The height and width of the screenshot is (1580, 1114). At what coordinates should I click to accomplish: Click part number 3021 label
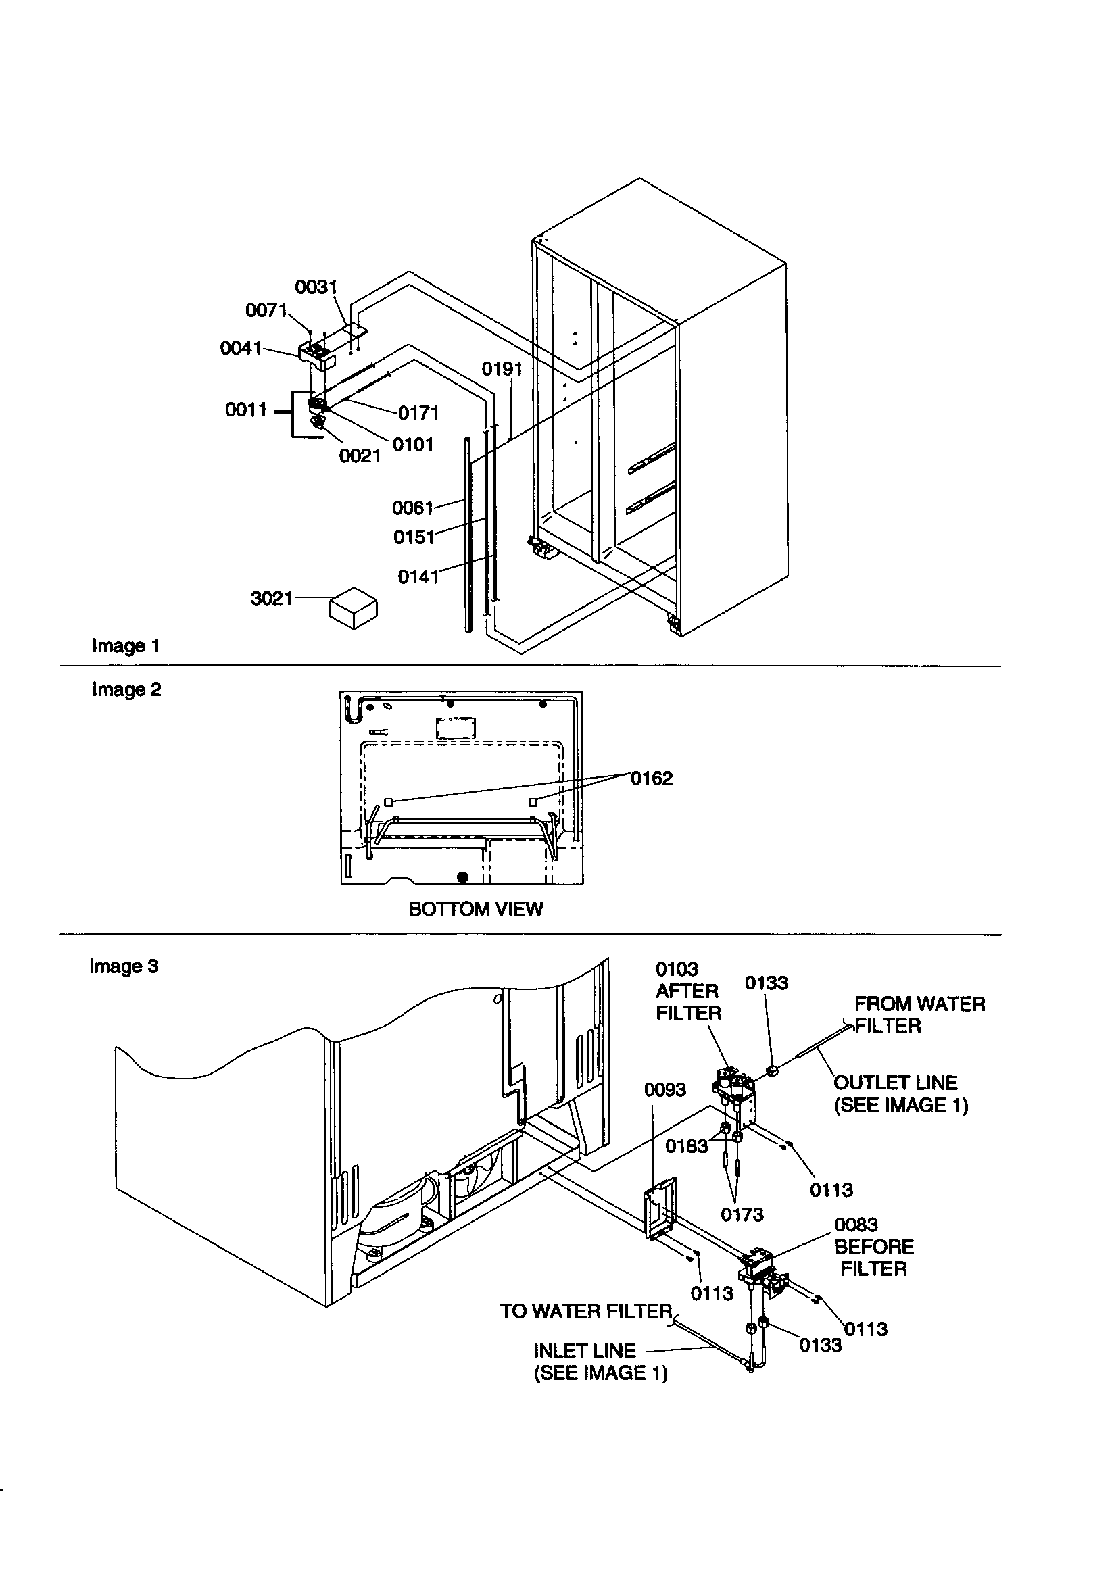pos(271,599)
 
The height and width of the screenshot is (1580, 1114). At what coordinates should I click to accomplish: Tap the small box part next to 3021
pos(354,608)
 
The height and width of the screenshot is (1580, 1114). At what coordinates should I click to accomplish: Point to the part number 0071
pos(266,310)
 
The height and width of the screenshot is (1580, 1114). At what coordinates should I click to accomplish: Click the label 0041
pos(240,348)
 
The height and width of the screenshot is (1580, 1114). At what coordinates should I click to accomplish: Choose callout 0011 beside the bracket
pos(246,410)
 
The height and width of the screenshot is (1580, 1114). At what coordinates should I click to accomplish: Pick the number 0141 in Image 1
pos(418,576)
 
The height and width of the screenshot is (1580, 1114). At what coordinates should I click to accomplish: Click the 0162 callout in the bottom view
pos(652,779)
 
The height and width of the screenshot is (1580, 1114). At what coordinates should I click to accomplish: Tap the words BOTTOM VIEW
pos(476,909)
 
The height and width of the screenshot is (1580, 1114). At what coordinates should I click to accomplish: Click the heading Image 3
pos(124,966)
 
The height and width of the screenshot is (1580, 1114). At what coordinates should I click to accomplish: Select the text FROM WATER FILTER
pos(919,1014)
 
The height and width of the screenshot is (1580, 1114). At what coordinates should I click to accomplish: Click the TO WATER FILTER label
pos(585,1312)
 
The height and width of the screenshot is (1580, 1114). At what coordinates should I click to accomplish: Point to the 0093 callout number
pos(664,1090)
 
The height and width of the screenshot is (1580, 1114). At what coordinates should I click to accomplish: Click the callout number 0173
pos(742,1215)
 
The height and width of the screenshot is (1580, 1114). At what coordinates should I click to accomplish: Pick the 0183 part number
pos(685,1146)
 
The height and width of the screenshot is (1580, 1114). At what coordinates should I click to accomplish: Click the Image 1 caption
pos(126,646)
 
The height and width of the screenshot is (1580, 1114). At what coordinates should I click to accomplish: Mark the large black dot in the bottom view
pos(462,877)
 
